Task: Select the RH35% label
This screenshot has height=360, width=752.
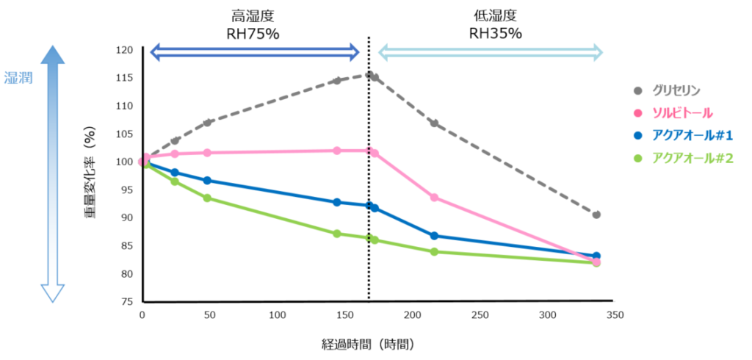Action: pyautogui.click(x=495, y=33)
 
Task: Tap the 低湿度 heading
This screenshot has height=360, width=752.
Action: pyautogui.click(x=495, y=15)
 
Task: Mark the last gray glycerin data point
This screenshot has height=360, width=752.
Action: pyautogui.click(x=596, y=215)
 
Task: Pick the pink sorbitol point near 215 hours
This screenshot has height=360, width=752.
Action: pyautogui.click(x=434, y=198)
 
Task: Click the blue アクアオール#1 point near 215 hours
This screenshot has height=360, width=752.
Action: pyautogui.click(x=434, y=236)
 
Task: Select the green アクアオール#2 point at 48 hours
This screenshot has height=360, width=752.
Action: pyautogui.click(x=207, y=198)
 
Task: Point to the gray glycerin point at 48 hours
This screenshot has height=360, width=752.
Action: pyautogui.click(x=207, y=122)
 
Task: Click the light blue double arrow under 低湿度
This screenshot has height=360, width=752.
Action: pyautogui.click(x=490, y=51)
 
